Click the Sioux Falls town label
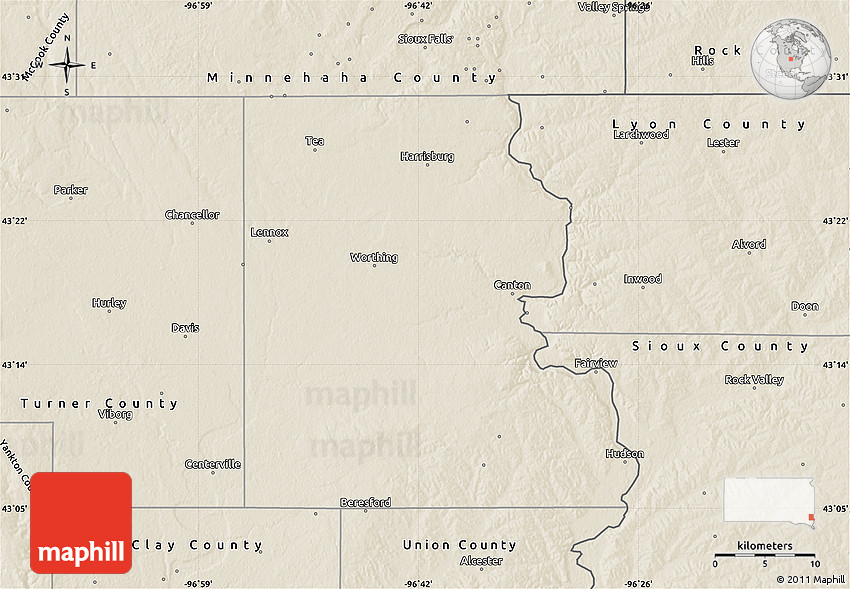pos(425,39)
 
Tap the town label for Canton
pos(512,285)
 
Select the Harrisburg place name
pos(427,156)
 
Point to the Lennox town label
pos(269,232)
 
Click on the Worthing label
pos(374,257)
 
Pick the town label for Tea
pos(315,141)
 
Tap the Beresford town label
pos(365,502)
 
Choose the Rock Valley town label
pos(754,379)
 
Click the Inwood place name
pos(643,279)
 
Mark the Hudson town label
pos(625,453)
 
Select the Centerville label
pos(213,464)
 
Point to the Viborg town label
pos(115,414)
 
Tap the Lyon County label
pos(709,124)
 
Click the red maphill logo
pos(81,522)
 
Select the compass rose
pos(67,66)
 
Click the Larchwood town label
pos(641,134)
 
